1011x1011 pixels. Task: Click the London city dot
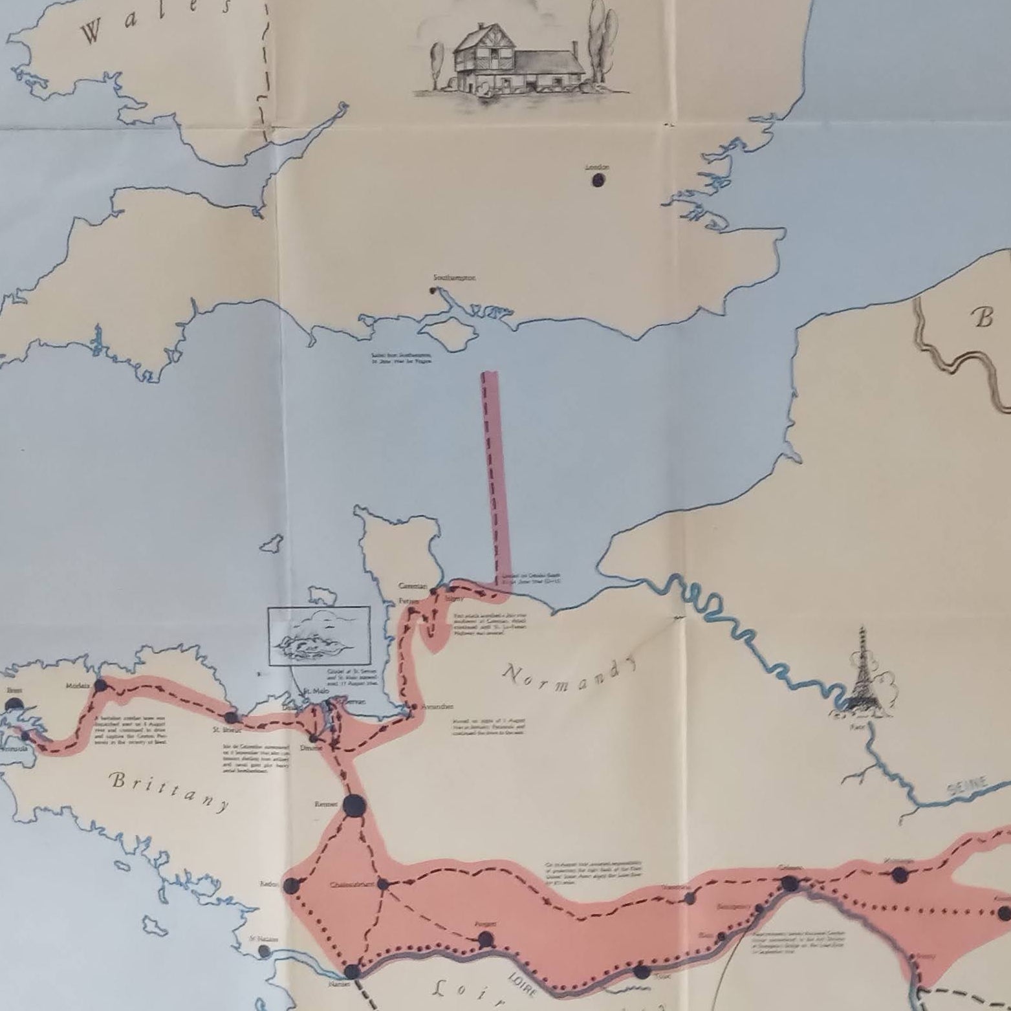599,179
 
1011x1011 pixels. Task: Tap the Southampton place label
454,277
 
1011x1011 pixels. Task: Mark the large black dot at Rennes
354,806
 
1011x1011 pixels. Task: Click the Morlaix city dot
101,686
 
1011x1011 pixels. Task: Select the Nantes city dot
352,971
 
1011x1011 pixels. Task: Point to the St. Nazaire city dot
264,950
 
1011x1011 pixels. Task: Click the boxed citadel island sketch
320,636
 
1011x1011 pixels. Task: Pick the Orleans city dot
789,884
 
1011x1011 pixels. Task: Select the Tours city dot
642,972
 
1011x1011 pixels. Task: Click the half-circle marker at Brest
14,706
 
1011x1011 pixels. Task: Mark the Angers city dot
486,939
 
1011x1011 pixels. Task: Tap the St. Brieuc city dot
231,718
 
